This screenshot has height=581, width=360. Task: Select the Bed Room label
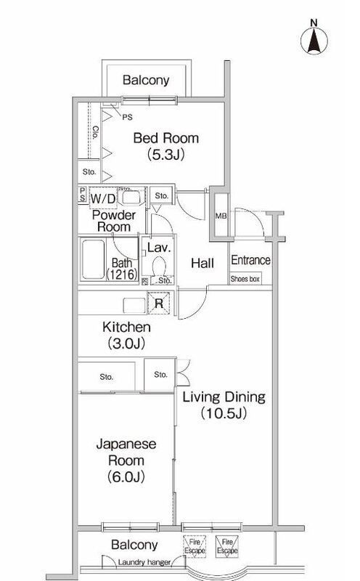[x=168, y=138]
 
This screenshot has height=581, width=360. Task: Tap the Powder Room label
[x=113, y=221]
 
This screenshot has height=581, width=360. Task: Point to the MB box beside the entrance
[x=220, y=216]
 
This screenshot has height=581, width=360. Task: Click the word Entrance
[x=250, y=261]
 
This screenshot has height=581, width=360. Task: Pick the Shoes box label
[x=245, y=279]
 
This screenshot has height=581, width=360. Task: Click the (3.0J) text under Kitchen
[x=126, y=343]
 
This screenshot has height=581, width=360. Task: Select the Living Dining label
[x=224, y=397]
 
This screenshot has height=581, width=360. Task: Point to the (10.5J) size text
[x=224, y=414]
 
